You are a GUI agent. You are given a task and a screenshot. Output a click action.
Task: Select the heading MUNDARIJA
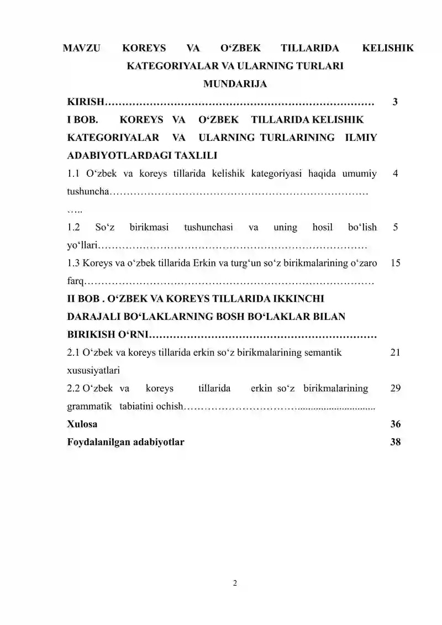tap(235, 85)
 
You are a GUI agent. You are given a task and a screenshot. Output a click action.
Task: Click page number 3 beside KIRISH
tap(395, 102)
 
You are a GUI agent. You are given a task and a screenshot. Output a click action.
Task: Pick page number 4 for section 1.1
tap(395, 174)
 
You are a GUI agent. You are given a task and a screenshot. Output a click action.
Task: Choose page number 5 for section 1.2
tap(395, 227)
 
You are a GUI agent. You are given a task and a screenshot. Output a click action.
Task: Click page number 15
tap(395, 263)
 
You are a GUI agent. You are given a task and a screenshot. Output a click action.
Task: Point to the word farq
tap(75, 281)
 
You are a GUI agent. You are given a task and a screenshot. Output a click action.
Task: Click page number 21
tap(395, 352)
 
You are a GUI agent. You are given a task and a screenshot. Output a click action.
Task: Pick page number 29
tap(395, 388)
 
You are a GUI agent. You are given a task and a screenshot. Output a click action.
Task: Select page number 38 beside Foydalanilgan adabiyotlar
tap(395, 442)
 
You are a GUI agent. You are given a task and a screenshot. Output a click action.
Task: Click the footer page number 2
tap(235, 583)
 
